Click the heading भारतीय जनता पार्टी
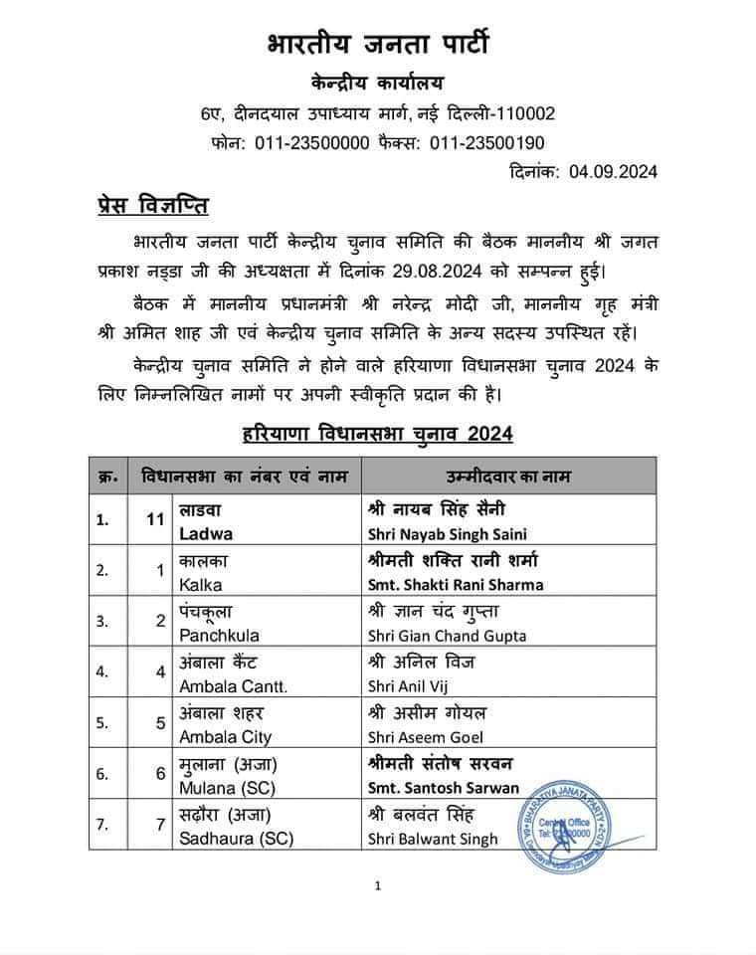pyautogui.click(x=378, y=45)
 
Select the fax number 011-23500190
pyautogui.click(x=486, y=142)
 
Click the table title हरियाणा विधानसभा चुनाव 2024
pyautogui.click(x=378, y=434)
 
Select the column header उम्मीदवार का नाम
pyautogui.click(x=508, y=475)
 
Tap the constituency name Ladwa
pyautogui.click(x=206, y=532)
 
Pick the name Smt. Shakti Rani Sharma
pyautogui.click(x=455, y=584)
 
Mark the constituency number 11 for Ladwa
pyautogui.click(x=153, y=519)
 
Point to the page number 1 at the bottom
pyautogui.click(x=378, y=885)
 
